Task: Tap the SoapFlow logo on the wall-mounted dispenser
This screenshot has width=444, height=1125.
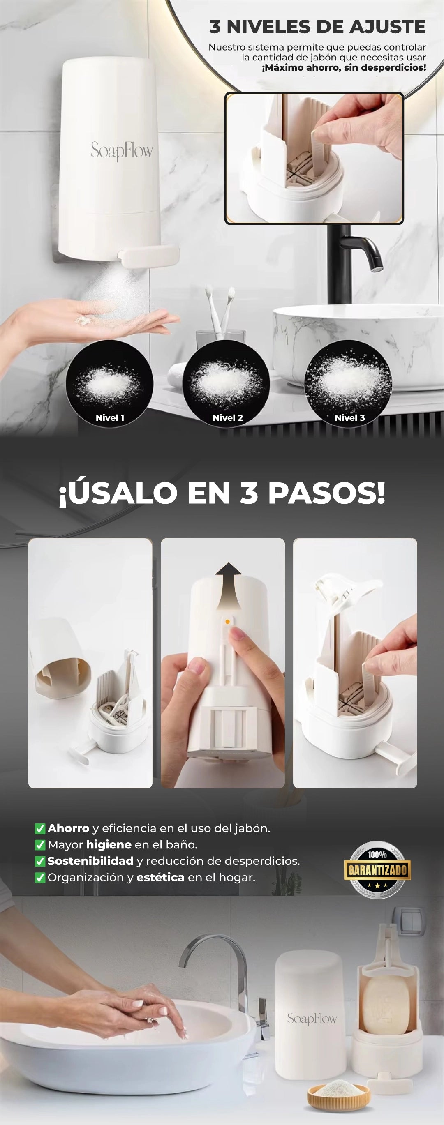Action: coord(122,151)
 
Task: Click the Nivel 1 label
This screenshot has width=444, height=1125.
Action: coord(110,417)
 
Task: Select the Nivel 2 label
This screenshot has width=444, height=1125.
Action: coord(228,417)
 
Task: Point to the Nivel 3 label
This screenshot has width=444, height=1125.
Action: coord(349,417)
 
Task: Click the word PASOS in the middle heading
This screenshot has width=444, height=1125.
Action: coord(326,493)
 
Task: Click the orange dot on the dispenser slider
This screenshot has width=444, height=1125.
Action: coord(227,621)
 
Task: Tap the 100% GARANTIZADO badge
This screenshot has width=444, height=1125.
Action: coord(377,869)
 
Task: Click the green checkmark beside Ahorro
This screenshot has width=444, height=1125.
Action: coord(40,828)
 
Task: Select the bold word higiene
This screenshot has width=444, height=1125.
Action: coord(109,845)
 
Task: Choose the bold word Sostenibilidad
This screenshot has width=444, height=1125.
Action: coord(90,861)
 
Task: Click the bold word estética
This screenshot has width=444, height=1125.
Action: coord(160,877)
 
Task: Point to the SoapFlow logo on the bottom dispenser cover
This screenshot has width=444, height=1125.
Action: coord(312,1019)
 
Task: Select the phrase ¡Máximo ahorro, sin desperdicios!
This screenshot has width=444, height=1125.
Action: coord(344,68)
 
